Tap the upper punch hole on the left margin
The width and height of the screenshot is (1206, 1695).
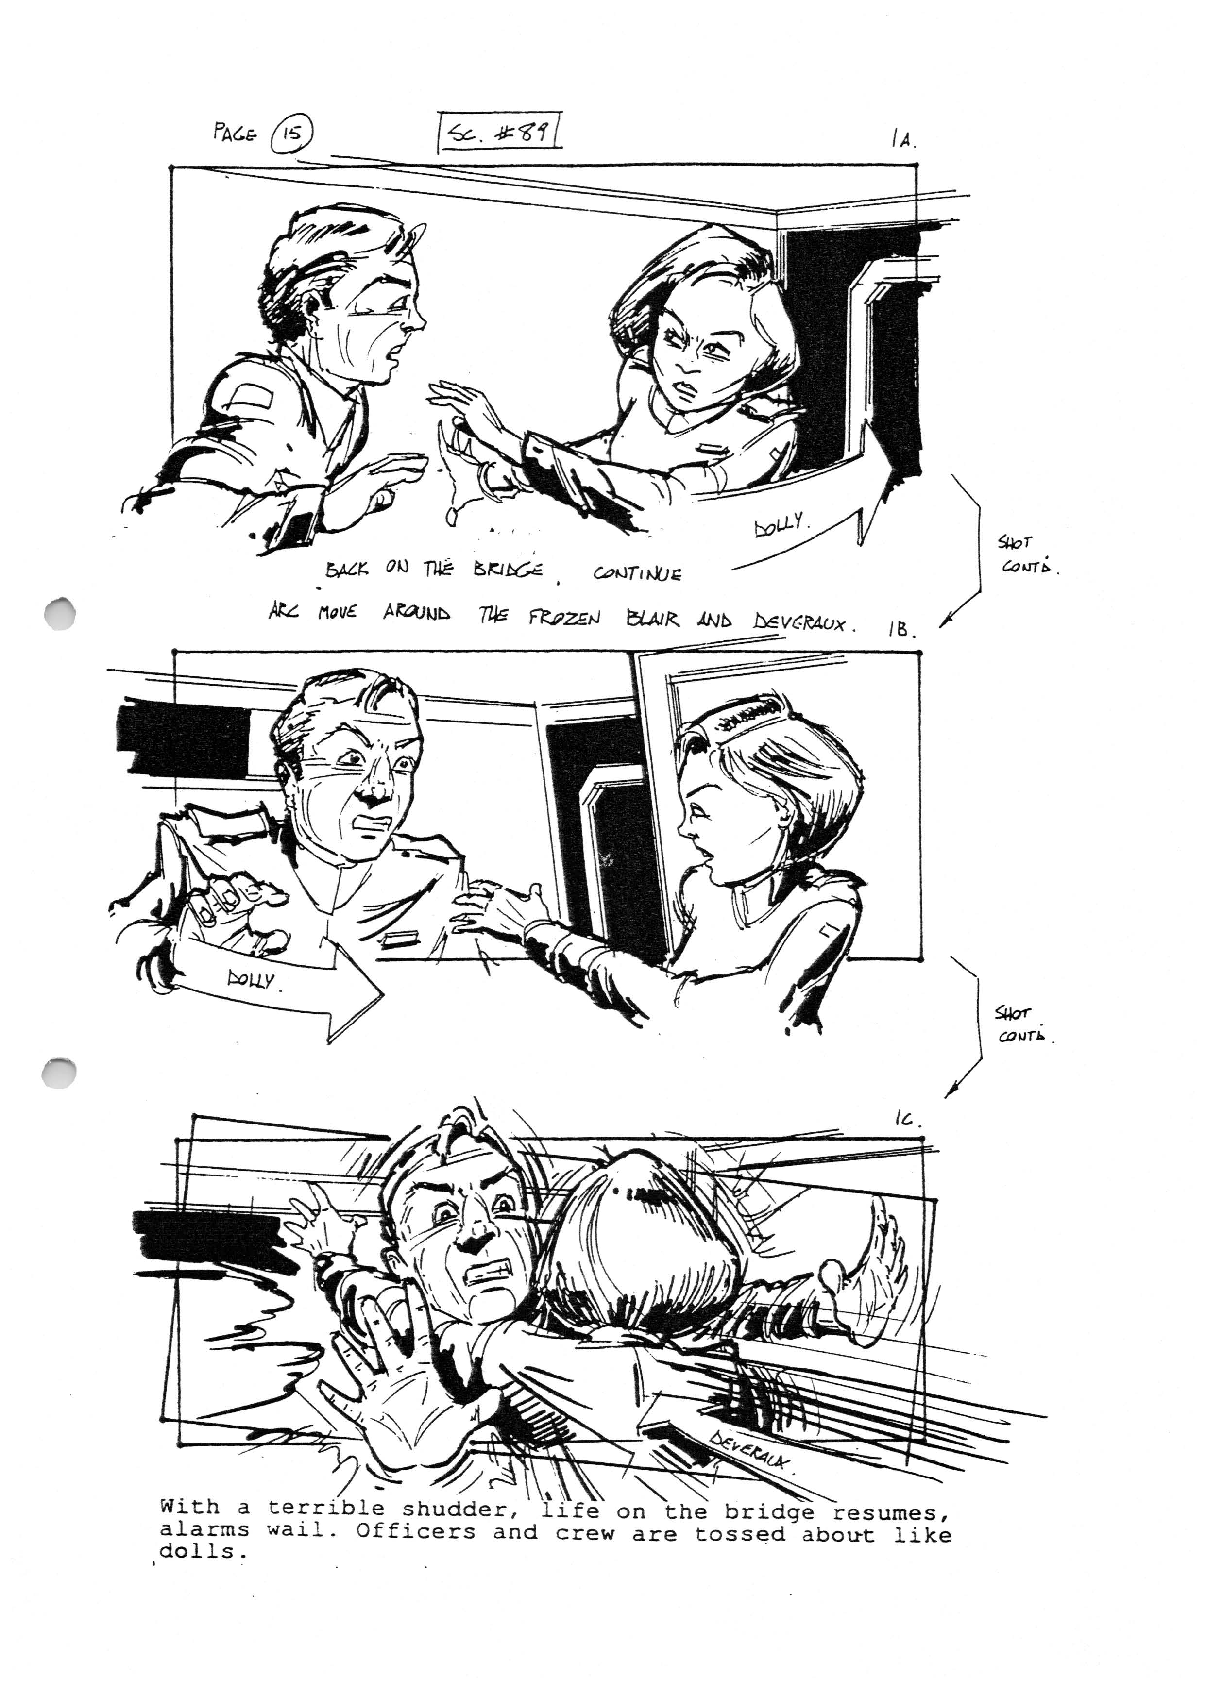coord(59,613)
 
